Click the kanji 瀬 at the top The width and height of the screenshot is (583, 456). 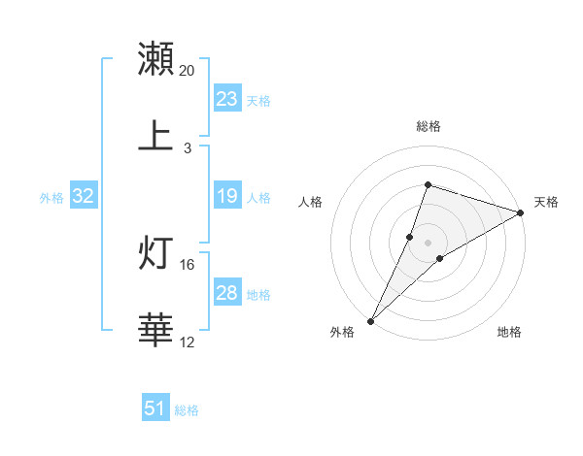156,59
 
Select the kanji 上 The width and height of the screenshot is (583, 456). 156,136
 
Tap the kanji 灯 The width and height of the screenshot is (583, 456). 156,252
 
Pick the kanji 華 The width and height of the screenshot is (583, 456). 156,330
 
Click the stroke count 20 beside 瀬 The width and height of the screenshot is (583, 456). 188,71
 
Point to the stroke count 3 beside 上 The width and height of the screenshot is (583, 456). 188,148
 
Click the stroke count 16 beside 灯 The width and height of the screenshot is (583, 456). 188,264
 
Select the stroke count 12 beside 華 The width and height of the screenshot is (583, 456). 188,342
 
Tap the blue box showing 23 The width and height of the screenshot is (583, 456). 227,99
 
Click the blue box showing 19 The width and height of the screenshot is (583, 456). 227,196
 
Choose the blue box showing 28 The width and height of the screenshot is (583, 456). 227,293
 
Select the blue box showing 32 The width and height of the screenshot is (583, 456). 84,196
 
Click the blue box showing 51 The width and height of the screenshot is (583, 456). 155,409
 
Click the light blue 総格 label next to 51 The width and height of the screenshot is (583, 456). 187,410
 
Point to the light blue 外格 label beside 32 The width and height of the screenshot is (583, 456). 51,197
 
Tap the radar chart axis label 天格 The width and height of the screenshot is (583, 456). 546,202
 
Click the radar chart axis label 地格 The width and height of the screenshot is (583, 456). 509,332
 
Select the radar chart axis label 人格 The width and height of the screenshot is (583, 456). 311,202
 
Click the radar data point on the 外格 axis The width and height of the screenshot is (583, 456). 370,320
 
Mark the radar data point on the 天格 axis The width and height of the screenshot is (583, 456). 521,213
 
